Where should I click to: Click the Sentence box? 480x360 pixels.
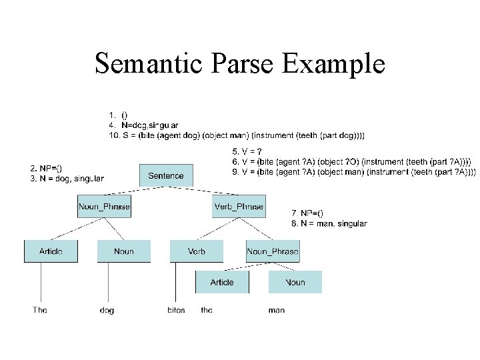point(166,175)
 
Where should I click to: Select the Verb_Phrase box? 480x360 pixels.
point(239,207)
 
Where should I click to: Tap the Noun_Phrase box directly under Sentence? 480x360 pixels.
point(104,207)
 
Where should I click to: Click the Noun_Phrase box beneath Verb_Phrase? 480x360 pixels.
point(273,251)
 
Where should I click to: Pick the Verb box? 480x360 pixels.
point(197,251)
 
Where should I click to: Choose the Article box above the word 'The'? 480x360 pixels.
point(51,251)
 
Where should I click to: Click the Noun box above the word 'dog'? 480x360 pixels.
point(124,251)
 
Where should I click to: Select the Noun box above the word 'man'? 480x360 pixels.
point(295,282)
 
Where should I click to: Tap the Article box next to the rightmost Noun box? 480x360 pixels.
point(222,282)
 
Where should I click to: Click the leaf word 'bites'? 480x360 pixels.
point(177,310)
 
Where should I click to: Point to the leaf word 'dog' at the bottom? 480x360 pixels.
point(107,311)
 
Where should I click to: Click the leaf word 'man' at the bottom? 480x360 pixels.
point(276,310)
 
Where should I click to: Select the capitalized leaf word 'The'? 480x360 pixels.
point(41,310)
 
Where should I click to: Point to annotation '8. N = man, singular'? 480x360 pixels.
point(329,223)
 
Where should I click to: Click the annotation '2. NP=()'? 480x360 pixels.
point(47,167)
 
